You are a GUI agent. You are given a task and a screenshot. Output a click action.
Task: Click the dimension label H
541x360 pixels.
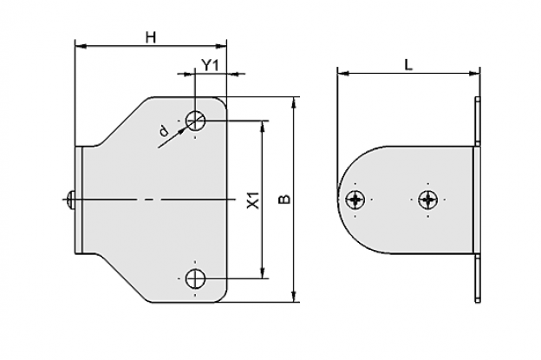pyautogui.click(x=151, y=37)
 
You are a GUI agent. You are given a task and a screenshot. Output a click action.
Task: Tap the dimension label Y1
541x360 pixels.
pyautogui.click(x=210, y=65)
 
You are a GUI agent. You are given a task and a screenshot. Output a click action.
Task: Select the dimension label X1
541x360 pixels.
pyautogui.click(x=253, y=200)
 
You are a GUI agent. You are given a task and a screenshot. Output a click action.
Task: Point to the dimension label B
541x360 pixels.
pyautogui.click(x=284, y=200)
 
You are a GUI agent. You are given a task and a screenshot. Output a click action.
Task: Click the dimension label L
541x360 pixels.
pyautogui.click(x=408, y=65)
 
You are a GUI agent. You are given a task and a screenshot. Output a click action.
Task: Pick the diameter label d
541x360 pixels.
pyautogui.click(x=164, y=131)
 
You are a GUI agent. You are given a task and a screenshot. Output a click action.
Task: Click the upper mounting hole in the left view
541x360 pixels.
pyautogui.click(x=196, y=121)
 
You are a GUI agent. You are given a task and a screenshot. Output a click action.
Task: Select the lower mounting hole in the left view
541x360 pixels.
pyautogui.click(x=196, y=278)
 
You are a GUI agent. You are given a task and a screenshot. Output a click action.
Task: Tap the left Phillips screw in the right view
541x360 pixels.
pyautogui.click(x=355, y=200)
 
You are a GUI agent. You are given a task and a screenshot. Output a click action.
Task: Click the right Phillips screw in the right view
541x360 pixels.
pyautogui.click(x=427, y=200)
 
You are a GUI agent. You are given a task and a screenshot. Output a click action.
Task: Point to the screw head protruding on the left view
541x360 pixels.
pyautogui.click(x=71, y=200)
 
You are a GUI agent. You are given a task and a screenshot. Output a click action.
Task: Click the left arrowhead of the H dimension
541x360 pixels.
pyautogui.click(x=81, y=46)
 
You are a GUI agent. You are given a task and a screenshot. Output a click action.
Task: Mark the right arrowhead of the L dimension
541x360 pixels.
pyautogui.click(x=474, y=73)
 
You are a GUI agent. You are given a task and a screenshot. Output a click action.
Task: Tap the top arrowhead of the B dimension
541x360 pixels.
pyautogui.click(x=294, y=102)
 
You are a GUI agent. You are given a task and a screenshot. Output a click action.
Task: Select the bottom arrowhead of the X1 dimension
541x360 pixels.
pyautogui.click(x=264, y=272)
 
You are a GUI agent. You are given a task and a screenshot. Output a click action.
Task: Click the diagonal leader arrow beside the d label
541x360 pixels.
pyautogui.click(x=173, y=137)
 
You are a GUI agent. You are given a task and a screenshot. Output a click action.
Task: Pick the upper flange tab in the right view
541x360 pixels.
pyautogui.click(x=478, y=121)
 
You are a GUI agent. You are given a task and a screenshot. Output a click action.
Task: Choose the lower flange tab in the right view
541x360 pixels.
pyautogui.click(x=478, y=278)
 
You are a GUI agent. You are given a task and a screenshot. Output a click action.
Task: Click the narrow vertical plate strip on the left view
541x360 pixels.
pyautogui.click(x=79, y=200)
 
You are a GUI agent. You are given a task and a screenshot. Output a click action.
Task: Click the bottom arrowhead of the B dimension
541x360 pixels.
pyautogui.click(x=294, y=297)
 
